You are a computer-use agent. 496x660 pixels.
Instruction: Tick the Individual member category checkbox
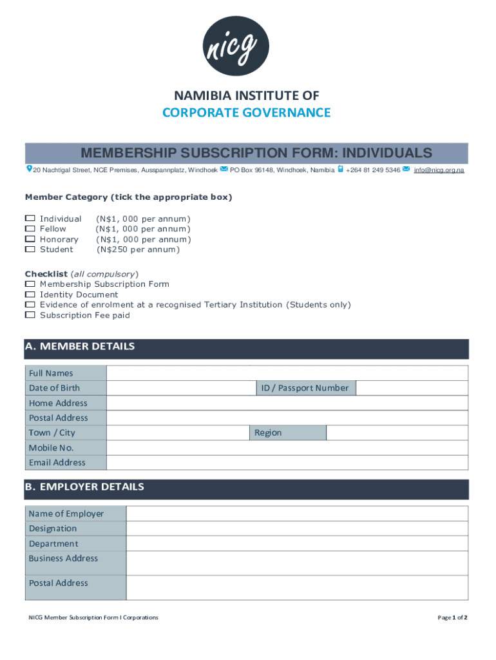coord(30,218)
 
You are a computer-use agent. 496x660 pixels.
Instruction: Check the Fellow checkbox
coord(30,229)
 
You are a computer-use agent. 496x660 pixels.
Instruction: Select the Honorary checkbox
coord(30,239)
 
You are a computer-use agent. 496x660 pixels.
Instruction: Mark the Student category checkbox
coord(30,249)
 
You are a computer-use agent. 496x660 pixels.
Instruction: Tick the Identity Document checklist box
coord(30,295)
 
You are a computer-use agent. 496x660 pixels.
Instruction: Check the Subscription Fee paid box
coord(30,315)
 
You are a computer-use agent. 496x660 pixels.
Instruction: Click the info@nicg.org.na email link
coord(439,170)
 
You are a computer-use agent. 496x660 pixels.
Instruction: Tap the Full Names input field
coord(287,373)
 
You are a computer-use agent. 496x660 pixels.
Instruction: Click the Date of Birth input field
coord(178,388)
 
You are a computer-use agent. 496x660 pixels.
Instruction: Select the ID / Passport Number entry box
coord(412,388)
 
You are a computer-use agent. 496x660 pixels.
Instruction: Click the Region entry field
coord(397,432)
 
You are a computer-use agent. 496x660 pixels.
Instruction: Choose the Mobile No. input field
coord(287,448)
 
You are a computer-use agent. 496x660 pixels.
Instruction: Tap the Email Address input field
coord(287,463)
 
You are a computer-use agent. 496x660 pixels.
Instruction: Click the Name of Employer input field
coord(297,514)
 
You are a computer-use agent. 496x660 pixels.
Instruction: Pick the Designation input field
coord(297,529)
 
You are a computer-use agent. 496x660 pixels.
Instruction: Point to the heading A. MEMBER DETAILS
coord(80,347)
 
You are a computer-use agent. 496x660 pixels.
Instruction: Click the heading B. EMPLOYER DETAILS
coord(84,487)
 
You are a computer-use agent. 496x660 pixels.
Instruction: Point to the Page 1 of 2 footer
coord(452,617)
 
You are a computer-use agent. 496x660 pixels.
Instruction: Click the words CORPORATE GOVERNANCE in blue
coord(246,113)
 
